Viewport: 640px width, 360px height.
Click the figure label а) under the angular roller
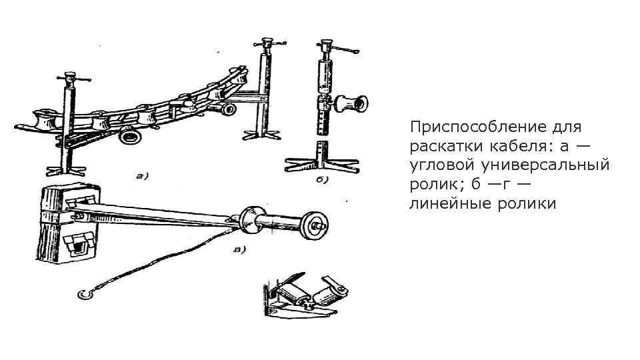[142, 176]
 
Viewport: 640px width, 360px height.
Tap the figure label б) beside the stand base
[324, 179]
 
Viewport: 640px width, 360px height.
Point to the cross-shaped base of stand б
[323, 162]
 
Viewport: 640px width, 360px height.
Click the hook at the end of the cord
[83, 293]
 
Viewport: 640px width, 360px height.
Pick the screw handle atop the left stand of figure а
[69, 79]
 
